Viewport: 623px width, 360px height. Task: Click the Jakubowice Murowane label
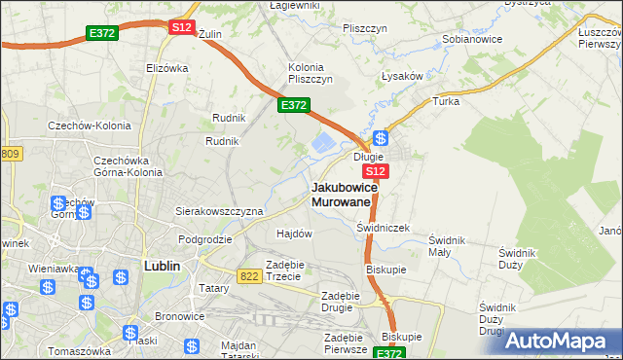[343, 194]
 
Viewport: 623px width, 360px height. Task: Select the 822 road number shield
[248, 276]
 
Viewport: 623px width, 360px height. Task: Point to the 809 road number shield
[10, 154]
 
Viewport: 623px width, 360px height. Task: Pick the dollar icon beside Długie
[382, 138]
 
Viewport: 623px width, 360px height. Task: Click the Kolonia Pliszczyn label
[311, 73]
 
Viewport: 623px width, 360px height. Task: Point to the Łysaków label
[401, 76]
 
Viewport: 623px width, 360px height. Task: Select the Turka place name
[446, 101]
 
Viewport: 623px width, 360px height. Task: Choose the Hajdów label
[294, 234]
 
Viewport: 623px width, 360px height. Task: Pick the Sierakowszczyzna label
[219, 210]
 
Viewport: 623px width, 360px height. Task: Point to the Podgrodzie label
[204, 238]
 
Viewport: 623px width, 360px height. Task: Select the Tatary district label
[213, 288]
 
